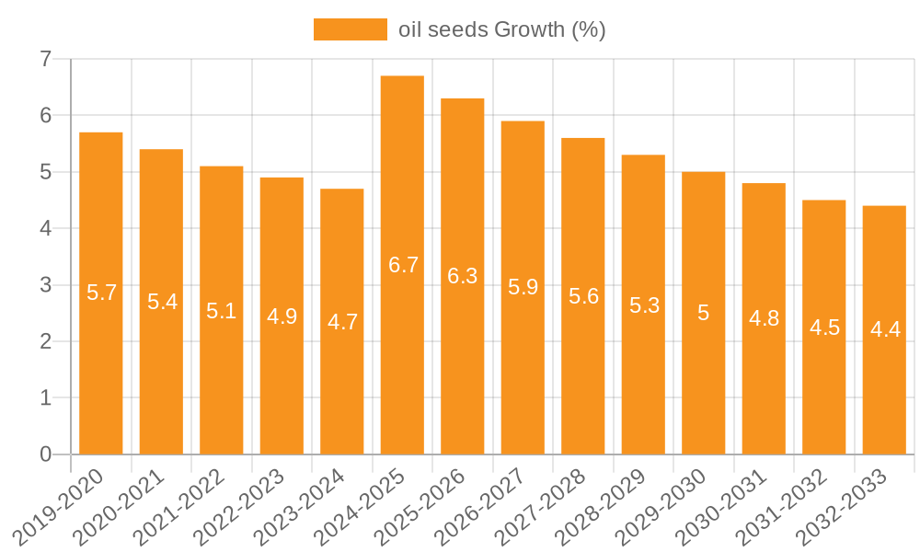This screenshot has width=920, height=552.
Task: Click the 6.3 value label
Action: pos(463,276)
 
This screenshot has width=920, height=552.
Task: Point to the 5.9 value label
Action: pos(523,287)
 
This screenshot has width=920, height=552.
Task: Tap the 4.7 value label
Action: pos(342,322)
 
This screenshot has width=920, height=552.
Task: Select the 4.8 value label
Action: pos(764,318)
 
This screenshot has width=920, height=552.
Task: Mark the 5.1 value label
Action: pos(222,311)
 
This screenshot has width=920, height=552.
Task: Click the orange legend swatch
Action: pos(350,29)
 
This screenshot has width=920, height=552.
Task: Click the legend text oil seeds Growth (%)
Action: pos(501,29)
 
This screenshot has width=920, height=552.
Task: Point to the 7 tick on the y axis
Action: pos(45,60)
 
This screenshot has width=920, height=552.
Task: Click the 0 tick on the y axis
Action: pos(45,454)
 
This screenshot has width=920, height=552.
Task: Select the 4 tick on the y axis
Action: pos(45,229)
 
